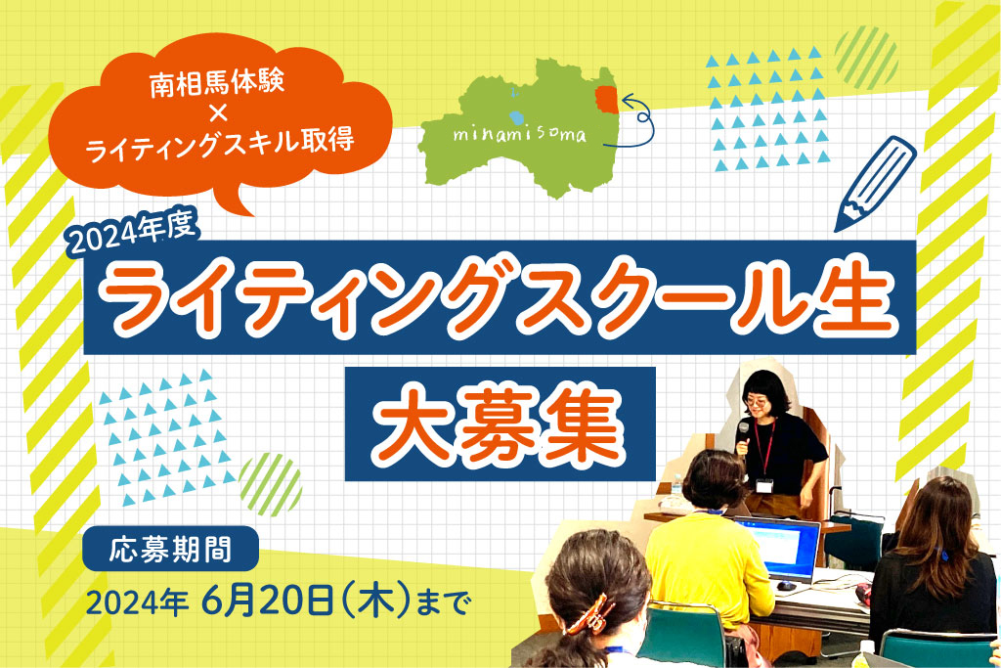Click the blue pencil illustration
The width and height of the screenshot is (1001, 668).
pyautogui.click(x=875, y=180)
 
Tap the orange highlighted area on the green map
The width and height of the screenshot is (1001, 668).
pyautogui.click(x=606, y=99)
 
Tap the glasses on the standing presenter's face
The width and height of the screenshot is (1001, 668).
pyautogui.click(x=756, y=400)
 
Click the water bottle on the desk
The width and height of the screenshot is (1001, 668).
pyautogui.click(x=678, y=490)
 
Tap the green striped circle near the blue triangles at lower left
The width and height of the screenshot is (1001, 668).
pyautogui.click(x=270, y=480)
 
